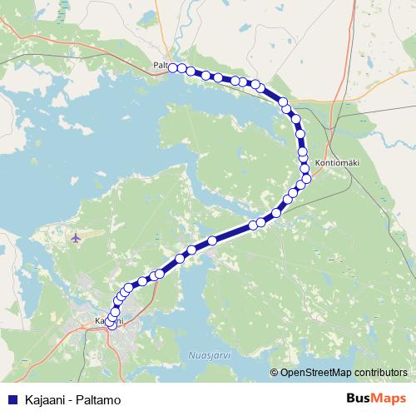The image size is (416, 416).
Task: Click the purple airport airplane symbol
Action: click(x=77, y=239)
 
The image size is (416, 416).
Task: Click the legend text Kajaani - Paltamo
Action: click(x=73, y=399)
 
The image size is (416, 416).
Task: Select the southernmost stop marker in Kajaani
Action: click(x=112, y=325)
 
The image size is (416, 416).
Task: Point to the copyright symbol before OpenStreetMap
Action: click(x=275, y=373)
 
